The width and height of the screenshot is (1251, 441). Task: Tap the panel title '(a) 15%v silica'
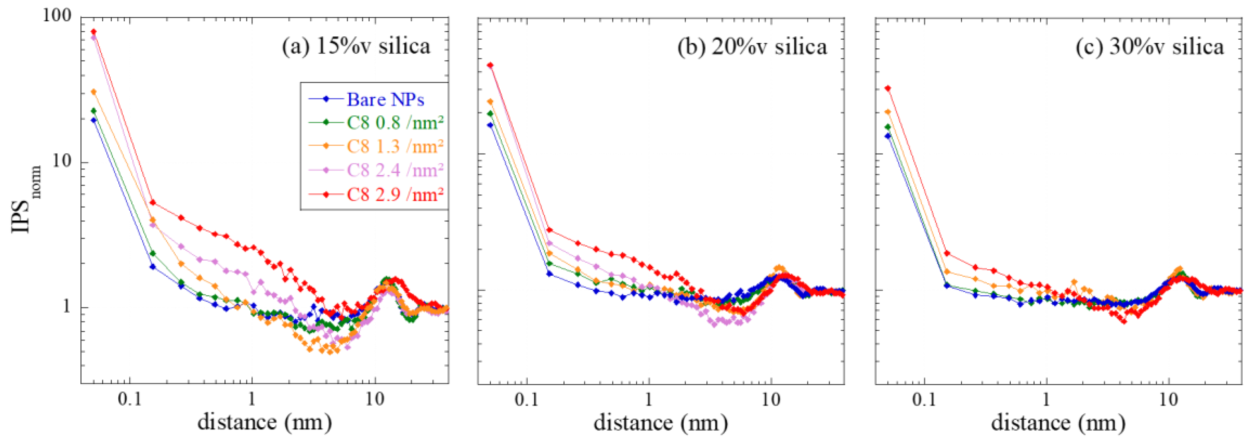coord(356,46)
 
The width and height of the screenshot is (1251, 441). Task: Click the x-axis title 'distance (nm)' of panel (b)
coord(660,423)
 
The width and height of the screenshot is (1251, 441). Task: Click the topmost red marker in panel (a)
coord(94,32)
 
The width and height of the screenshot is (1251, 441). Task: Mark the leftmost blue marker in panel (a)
coord(94,120)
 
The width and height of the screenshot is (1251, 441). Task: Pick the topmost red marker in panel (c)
coord(888,88)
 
